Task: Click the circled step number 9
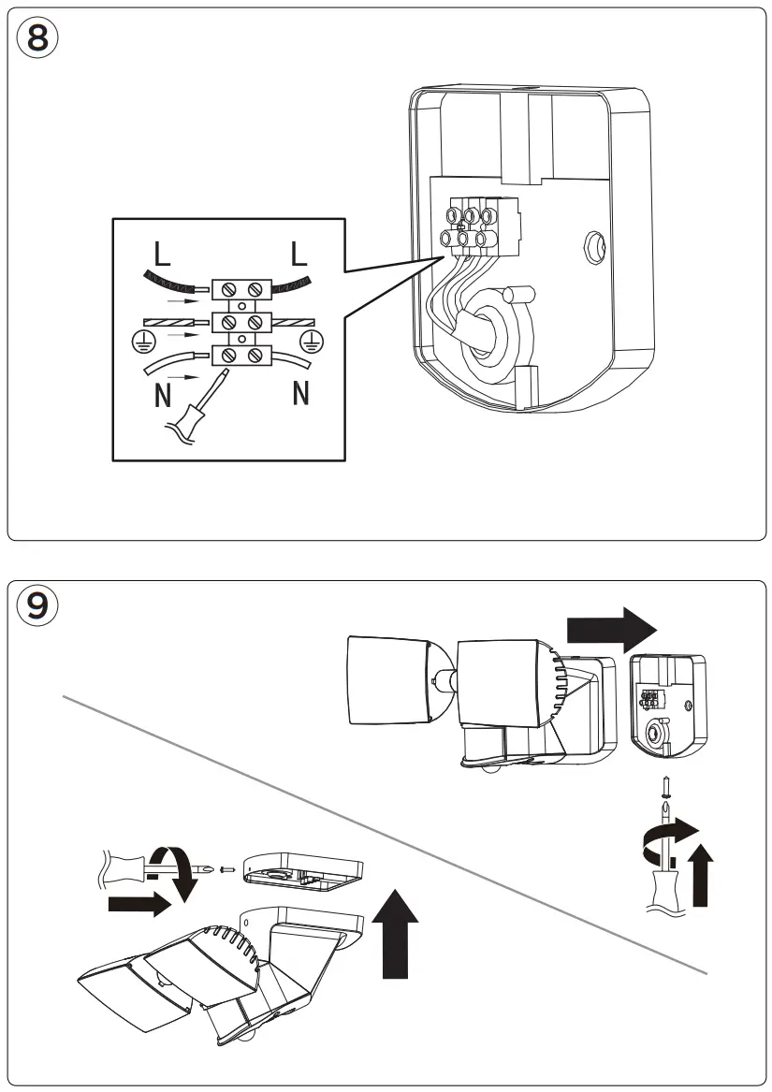[x=36, y=605]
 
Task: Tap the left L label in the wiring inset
[x=162, y=255]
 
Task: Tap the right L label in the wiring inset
[x=299, y=255]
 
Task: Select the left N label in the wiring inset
[x=162, y=396]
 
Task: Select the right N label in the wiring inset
[x=300, y=394]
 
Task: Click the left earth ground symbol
[x=141, y=341]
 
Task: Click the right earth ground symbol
[x=311, y=339]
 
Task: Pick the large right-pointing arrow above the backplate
[x=612, y=631]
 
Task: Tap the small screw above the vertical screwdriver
[x=666, y=787]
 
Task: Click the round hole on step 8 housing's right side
[x=594, y=247]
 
